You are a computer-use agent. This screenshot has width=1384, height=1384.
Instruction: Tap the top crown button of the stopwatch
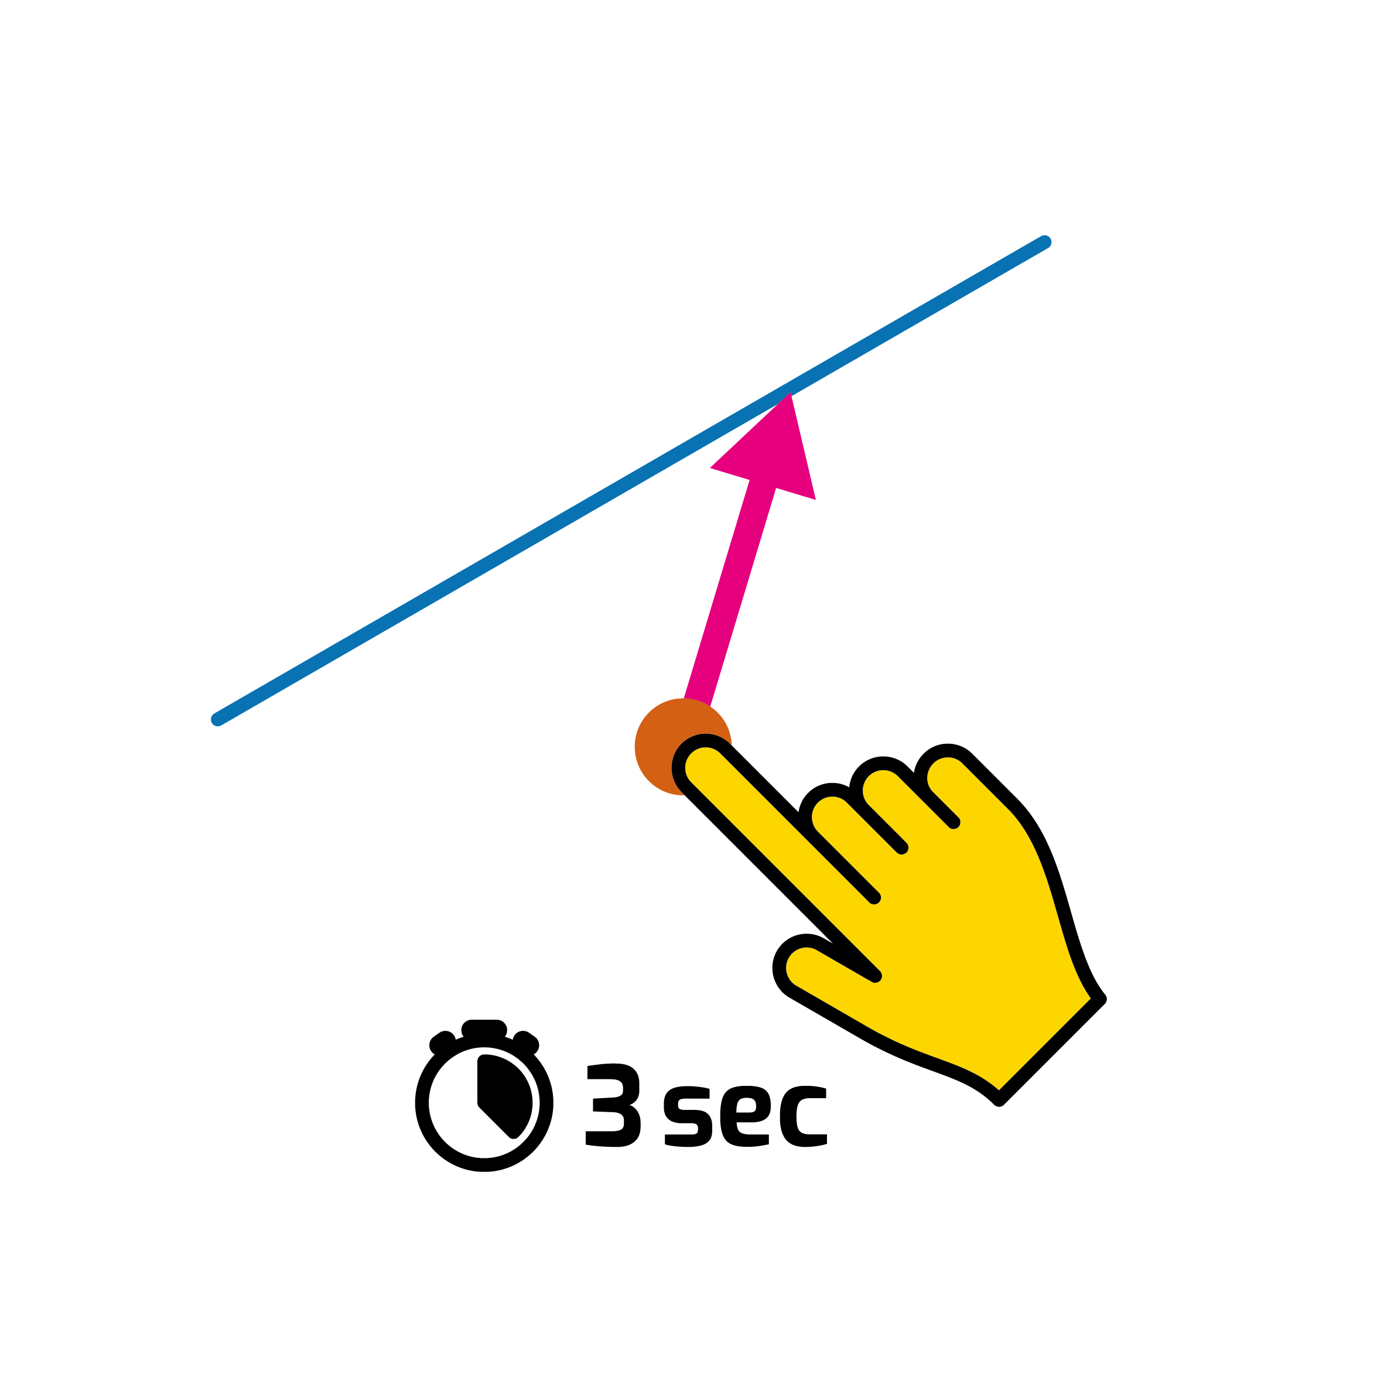484,1028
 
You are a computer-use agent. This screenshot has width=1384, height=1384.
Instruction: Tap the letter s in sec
688,1116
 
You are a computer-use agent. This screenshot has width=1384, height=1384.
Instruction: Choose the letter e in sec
745,1116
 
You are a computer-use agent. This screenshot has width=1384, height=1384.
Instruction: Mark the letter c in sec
803,1116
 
